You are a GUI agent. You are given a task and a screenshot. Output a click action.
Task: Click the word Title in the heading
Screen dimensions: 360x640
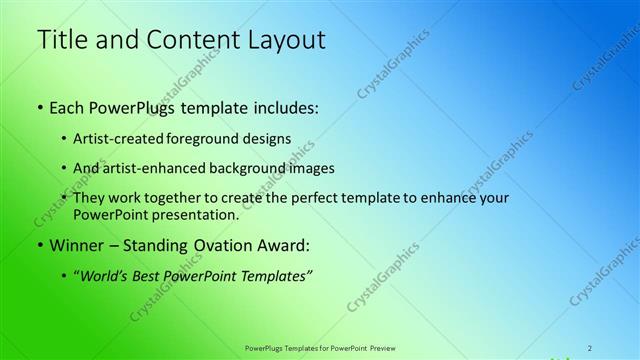(62, 39)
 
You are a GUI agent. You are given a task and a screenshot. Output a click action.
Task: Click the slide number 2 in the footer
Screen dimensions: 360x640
(591, 348)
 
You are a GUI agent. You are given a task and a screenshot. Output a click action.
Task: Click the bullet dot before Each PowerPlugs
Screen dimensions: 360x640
(41, 107)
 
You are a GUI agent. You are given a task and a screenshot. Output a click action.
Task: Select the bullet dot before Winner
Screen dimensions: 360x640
(41, 245)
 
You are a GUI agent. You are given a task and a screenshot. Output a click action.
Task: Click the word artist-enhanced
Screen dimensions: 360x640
(169, 168)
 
